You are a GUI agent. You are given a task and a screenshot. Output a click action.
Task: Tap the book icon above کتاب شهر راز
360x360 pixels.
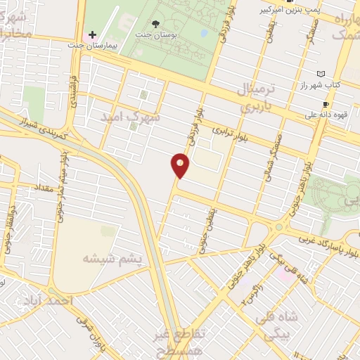pyautogui.click(x=321, y=74)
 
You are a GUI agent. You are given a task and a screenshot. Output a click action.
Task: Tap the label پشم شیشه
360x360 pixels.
pyautogui.click(x=112, y=258)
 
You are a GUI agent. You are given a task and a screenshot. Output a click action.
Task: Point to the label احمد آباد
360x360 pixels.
pyautogui.click(x=67, y=299)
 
